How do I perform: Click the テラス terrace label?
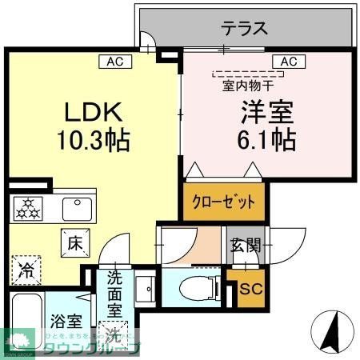click(244, 28)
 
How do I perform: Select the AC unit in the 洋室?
click(288, 61)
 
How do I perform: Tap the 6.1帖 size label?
click(264, 141)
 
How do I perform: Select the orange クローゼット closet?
click(224, 202)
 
